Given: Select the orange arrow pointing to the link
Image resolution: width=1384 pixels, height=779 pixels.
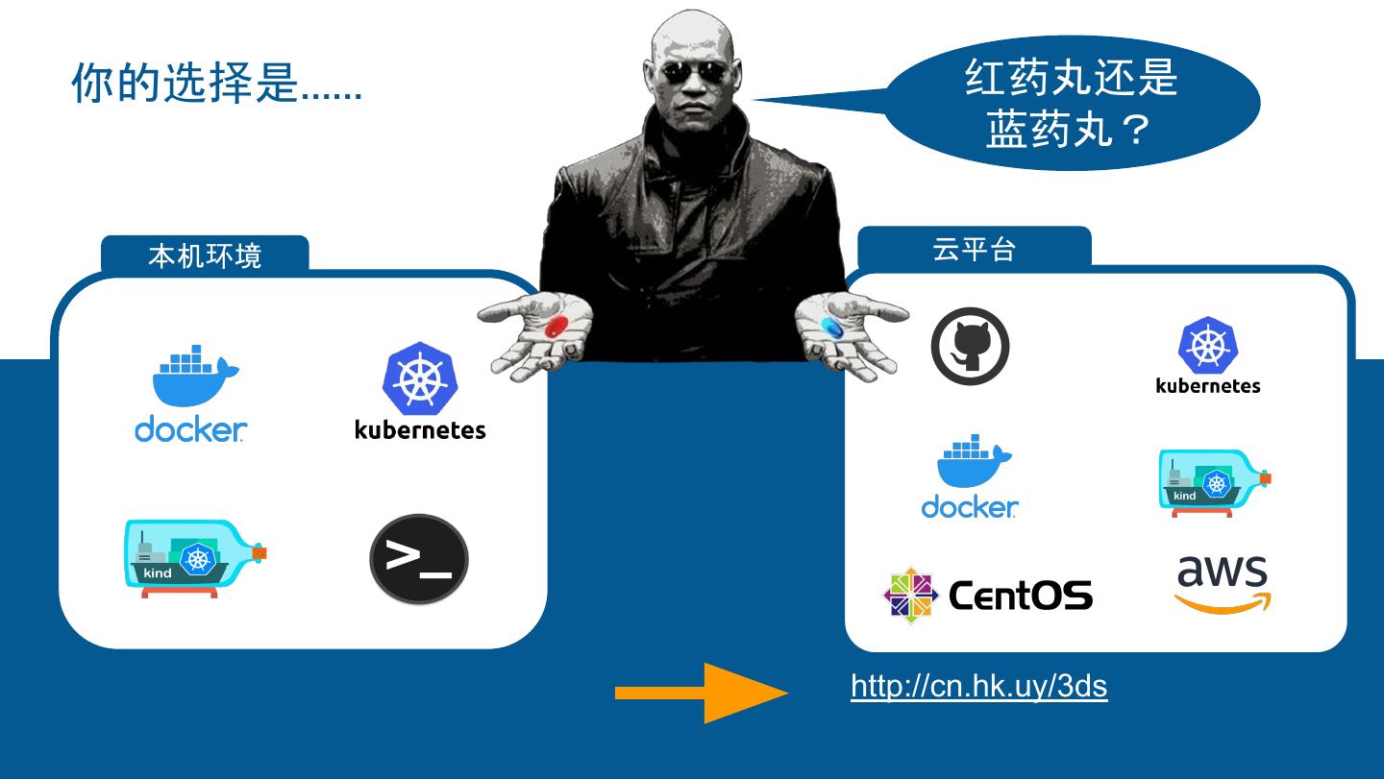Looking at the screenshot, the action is click(x=701, y=693).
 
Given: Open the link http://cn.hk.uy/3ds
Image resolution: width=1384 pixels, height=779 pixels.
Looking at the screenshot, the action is click(x=978, y=687).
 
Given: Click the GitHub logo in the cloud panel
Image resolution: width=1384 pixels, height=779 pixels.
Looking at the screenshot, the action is click(x=970, y=346).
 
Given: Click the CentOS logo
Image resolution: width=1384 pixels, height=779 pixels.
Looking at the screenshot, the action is click(x=988, y=596).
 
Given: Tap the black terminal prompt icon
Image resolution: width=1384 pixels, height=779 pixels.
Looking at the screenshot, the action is click(x=419, y=559).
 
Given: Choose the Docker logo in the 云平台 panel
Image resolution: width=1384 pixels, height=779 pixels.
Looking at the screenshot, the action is click(x=971, y=477).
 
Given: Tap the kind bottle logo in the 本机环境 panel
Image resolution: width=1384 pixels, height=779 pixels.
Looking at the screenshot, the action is click(x=195, y=558).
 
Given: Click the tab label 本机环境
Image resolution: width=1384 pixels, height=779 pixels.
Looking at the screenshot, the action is click(x=205, y=256).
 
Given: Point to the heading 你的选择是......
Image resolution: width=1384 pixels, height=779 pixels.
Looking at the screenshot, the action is click(x=216, y=85).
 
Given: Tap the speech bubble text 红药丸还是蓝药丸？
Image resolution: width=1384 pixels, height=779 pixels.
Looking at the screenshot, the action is click(x=1071, y=104).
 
